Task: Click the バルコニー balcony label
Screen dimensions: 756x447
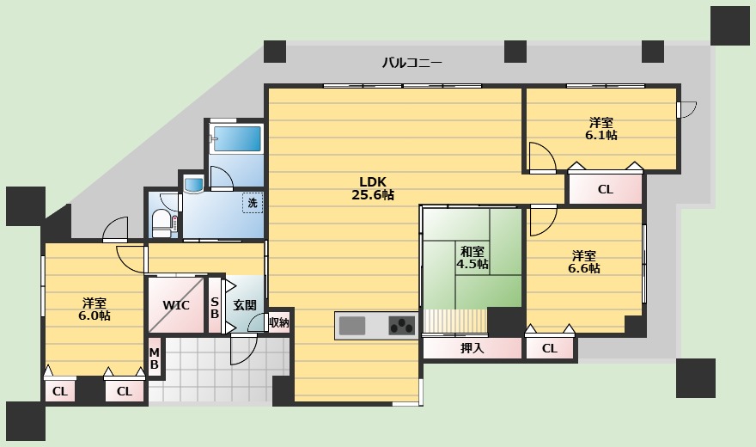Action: (412, 63)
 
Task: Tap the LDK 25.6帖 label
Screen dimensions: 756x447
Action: (373, 188)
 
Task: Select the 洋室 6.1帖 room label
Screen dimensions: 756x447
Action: (601, 129)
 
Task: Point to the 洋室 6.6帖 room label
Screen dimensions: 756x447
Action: (584, 262)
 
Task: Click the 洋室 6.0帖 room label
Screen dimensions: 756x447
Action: (94, 309)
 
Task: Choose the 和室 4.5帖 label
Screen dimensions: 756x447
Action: (472, 258)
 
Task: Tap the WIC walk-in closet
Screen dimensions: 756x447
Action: (176, 305)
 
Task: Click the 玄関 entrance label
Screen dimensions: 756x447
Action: (245, 305)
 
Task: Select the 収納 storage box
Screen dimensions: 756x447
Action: (278, 322)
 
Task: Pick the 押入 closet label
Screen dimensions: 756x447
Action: (472, 347)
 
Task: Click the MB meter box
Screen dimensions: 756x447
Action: (155, 358)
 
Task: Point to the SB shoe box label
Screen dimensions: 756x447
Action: (215, 308)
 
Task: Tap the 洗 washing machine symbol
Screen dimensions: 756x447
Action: (253, 203)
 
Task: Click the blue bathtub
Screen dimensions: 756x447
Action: (237, 139)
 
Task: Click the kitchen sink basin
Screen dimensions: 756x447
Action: (352, 326)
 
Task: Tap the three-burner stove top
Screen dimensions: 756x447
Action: (402, 326)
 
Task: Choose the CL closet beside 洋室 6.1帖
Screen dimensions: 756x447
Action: (606, 189)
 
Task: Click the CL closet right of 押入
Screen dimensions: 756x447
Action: (550, 348)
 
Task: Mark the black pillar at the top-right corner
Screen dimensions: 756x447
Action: (730, 26)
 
